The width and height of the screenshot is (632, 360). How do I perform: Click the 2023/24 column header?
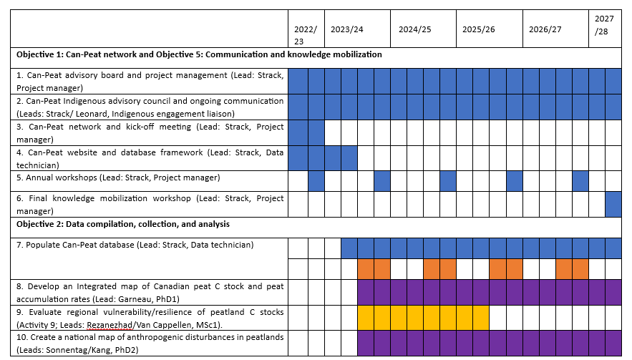point(347,29)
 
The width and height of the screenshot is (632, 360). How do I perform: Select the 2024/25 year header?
point(415,29)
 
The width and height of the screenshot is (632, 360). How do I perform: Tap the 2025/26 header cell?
point(479,29)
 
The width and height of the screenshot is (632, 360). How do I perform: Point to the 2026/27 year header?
point(545,29)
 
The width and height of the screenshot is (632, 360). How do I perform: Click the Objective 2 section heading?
point(123,224)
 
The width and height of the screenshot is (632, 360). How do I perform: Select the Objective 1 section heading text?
point(199,54)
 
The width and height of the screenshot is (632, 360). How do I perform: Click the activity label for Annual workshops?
point(118,177)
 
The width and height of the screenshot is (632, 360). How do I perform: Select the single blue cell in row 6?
point(613,204)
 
